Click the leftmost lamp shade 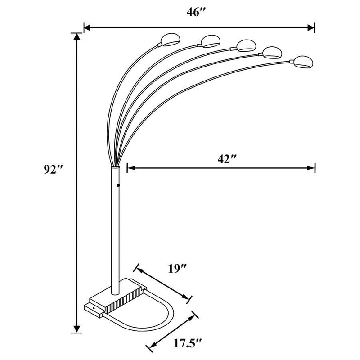click(x=169, y=39)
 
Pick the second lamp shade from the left click(x=209, y=41)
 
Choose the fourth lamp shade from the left click(x=271, y=53)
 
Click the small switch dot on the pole click(x=118, y=184)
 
